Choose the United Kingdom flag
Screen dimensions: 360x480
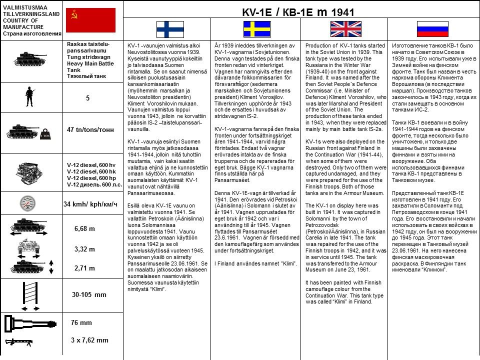[342, 29]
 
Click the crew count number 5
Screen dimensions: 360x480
[87, 98]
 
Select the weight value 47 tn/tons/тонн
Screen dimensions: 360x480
[90, 130]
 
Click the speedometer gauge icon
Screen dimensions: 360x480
[29, 203]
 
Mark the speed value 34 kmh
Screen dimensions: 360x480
[90, 204]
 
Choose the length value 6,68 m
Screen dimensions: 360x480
[84, 228]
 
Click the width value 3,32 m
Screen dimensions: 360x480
[84, 249]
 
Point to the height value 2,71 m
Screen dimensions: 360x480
[84, 268]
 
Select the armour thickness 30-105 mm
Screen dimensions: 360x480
[89, 294]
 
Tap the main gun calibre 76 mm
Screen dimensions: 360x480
[81, 323]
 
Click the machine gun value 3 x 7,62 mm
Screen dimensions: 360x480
[89, 340]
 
